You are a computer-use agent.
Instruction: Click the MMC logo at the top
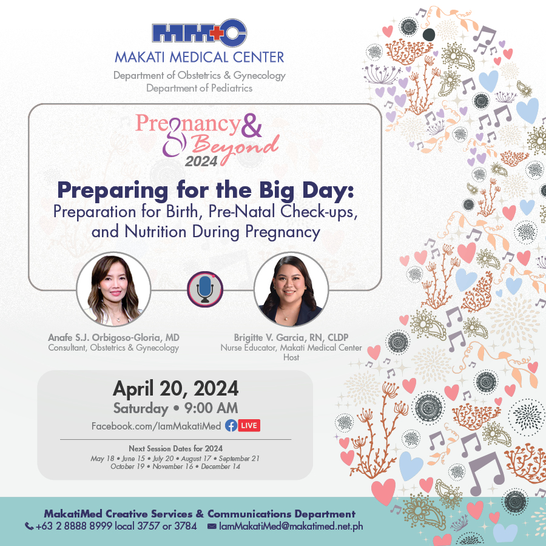[200, 33]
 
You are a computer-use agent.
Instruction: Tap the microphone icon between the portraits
[205, 289]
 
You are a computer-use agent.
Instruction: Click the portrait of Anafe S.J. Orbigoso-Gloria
[113, 289]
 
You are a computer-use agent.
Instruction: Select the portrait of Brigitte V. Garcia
[291, 289]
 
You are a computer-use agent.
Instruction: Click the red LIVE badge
[249, 425]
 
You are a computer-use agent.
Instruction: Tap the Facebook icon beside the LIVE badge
[231, 425]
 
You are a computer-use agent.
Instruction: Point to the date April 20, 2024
[175, 388]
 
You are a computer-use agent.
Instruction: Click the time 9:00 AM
[211, 408]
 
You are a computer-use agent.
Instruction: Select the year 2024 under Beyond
[201, 161]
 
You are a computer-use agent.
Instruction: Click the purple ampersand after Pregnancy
[251, 125]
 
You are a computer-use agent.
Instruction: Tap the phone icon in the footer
[29, 526]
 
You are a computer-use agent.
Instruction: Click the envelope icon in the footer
[212, 526]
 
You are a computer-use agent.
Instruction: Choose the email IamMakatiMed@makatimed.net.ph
[291, 526]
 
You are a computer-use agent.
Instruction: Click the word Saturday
[141, 408]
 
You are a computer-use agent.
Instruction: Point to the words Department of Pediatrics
[199, 88]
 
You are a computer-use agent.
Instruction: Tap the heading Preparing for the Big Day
[206, 190]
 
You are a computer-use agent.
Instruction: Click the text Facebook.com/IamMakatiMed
[156, 426]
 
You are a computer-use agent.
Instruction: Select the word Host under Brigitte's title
[291, 357]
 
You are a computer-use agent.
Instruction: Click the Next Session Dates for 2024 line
[175, 448]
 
